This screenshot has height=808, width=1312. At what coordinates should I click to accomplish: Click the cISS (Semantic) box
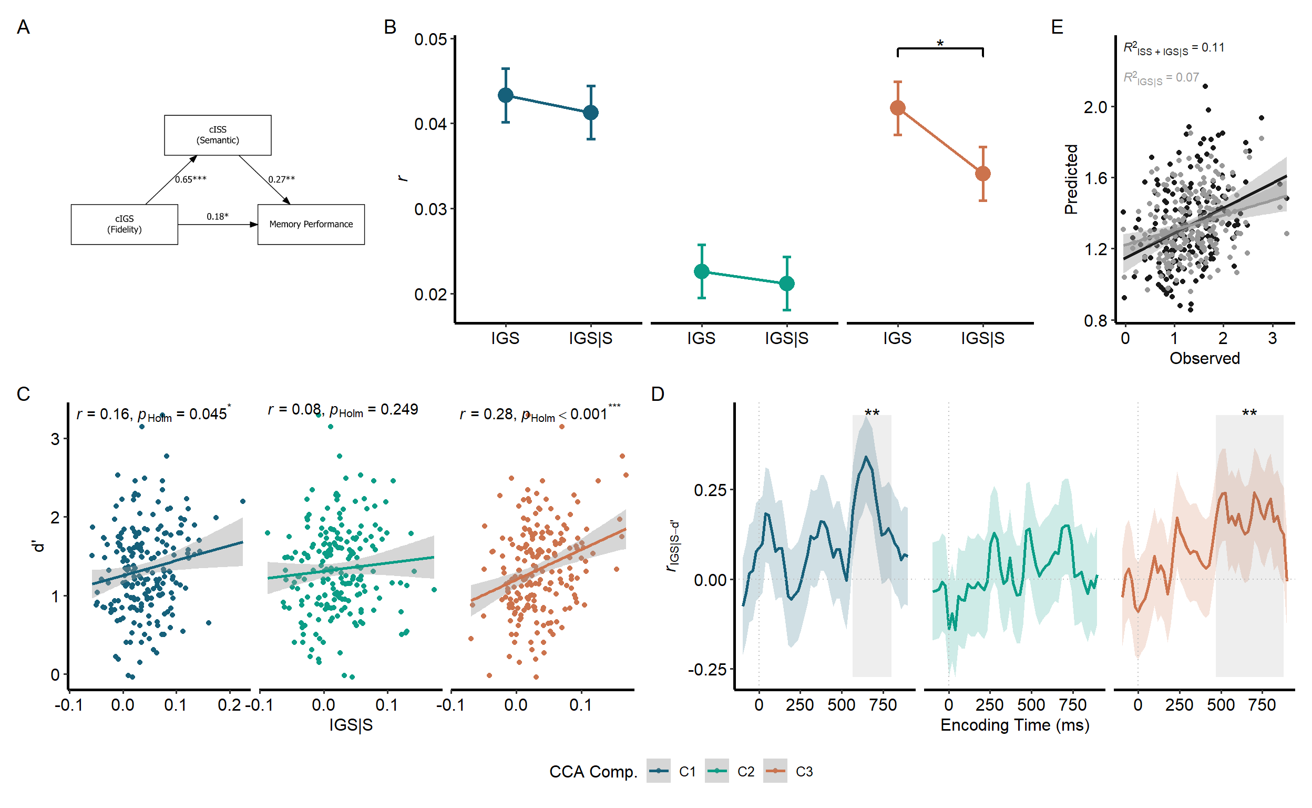pyautogui.click(x=217, y=135)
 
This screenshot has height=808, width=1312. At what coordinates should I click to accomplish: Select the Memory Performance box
pyautogui.click(x=311, y=225)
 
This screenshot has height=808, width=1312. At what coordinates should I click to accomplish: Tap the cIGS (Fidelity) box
pyautogui.click(x=125, y=225)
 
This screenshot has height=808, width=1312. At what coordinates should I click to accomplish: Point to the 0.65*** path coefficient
pyautogui.click(x=191, y=179)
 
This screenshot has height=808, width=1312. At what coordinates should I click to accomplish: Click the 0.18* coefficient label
pyautogui.click(x=217, y=216)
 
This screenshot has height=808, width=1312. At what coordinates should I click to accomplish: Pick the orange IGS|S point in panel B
pyautogui.click(x=982, y=174)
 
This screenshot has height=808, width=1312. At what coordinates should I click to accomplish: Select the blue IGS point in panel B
pyautogui.click(x=505, y=95)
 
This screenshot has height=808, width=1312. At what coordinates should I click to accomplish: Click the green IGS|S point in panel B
pyautogui.click(x=786, y=283)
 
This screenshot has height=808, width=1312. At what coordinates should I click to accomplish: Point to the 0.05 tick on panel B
pyautogui.click(x=430, y=39)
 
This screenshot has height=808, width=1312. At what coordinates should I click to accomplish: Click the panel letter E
pyautogui.click(x=1057, y=27)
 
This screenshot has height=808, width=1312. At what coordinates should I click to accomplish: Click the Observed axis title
pyautogui.click(x=1204, y=359)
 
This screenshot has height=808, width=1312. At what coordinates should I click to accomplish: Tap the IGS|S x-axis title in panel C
pyautogui.click(x=351, y=725)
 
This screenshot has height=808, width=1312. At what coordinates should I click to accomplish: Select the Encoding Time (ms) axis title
pyautogui.click(x=1014, y=725)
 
